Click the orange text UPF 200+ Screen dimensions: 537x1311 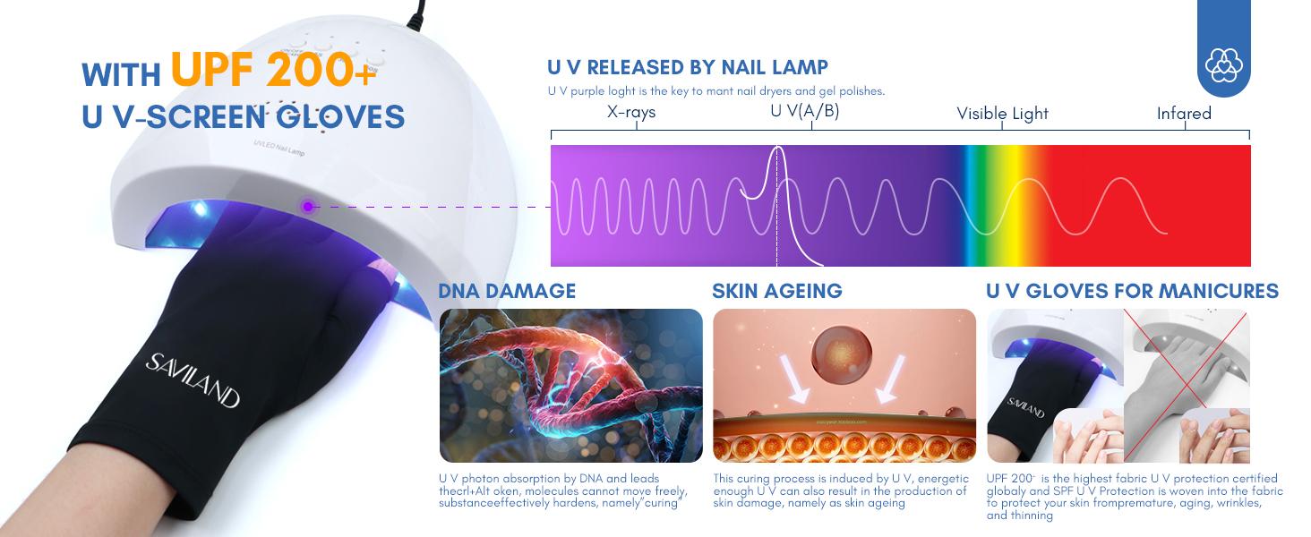coord(273,70)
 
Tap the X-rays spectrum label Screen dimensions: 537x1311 coord(631,113)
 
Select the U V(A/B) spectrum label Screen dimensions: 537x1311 coord(804,112)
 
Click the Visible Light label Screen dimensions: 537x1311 coord(1002,114)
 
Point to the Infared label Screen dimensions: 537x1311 coord(1184,114)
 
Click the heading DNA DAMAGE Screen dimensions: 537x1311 coord(507,291)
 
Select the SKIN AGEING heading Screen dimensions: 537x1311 coord(777,291)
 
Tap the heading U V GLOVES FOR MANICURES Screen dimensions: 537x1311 coord(1132,291)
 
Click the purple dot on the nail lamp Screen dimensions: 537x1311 coord(308,207)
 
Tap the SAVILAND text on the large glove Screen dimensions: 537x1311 coord(193,379)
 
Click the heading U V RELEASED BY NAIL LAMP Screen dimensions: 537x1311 coord(687,68)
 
